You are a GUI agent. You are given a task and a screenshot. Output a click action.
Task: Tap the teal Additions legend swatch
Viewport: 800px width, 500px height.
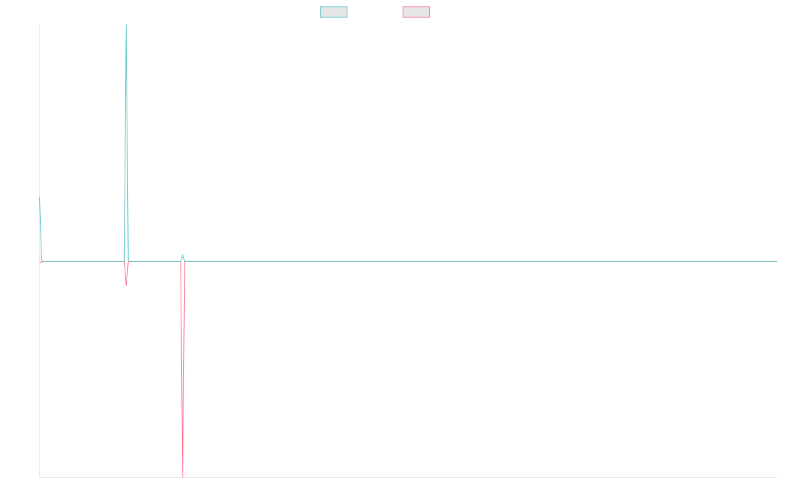pos(334,12)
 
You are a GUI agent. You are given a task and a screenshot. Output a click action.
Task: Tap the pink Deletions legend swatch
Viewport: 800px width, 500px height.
pos(416,12)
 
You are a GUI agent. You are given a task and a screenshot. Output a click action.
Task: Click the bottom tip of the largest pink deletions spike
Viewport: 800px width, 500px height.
pos(183,477)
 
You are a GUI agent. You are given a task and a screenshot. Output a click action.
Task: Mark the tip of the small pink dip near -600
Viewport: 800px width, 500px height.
pos(126,285)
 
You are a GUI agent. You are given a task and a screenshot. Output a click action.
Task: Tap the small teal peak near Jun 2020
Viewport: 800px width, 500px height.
pos(183,255)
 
